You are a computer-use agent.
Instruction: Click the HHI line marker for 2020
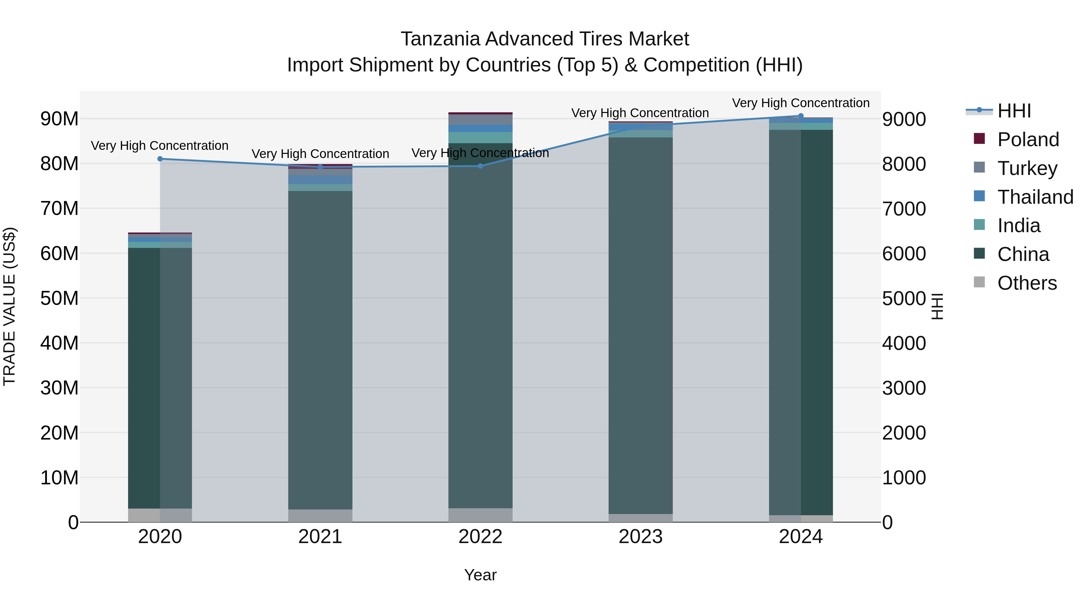coord(160,159)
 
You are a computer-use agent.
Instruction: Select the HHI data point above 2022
coord(480,166)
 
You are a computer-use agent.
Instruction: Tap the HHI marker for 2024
coord(801,116)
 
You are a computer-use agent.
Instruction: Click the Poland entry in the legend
coord(1028,140)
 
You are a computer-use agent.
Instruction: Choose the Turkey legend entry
coord(1027,168)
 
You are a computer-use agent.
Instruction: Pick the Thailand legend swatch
coord(979,196)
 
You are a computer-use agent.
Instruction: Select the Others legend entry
coord(1027,283)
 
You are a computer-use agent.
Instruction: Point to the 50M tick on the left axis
coord(59,298)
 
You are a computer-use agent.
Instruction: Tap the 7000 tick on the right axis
coord(904,209)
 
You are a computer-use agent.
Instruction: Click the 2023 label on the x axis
coord(640,537)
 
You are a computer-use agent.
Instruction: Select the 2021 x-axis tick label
coord(320,537)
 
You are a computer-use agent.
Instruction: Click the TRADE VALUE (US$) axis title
coord(9,307)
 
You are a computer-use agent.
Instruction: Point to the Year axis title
coord(480,575)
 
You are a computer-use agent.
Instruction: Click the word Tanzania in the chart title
coord(440,39)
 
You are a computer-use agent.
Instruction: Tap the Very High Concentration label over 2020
coord(160,146)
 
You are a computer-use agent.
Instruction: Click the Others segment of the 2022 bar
coord(480,515)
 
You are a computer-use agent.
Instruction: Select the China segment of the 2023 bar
coord(640,326)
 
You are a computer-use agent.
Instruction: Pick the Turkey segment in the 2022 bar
coord(480,120)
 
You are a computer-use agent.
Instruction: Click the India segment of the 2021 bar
coord(320,187)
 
